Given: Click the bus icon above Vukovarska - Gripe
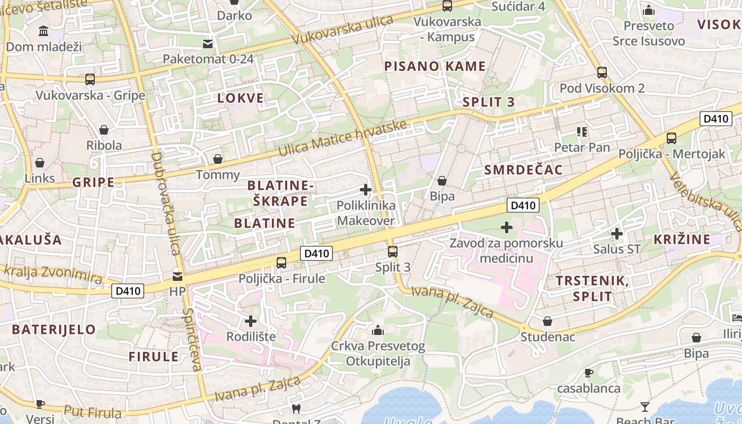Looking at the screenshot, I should [90, 79].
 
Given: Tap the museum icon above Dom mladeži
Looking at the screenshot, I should [43, 31].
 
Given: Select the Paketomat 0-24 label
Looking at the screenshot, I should [208, 58].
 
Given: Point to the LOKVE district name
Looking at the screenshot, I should [241, 98].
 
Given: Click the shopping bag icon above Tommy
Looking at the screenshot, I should [217, 159].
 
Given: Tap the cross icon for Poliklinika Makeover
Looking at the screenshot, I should [365, 189].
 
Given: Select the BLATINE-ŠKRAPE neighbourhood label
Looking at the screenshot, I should [281, 193].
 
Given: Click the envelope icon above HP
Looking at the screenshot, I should [178, 276].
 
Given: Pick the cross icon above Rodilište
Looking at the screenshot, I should [251, 321].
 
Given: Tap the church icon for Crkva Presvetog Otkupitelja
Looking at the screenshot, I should [378, 330].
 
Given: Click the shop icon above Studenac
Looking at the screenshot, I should [547, 321].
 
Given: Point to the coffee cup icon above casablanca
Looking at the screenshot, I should [588, 373].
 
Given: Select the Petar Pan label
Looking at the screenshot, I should [582, 147].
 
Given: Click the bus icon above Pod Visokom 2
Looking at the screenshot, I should [602, 73].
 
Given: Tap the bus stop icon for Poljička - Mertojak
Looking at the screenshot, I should [672, 138].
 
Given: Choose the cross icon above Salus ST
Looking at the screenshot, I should [616, 233].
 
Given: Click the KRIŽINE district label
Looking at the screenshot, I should [682, 239].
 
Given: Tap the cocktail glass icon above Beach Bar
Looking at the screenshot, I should [644, 407].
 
